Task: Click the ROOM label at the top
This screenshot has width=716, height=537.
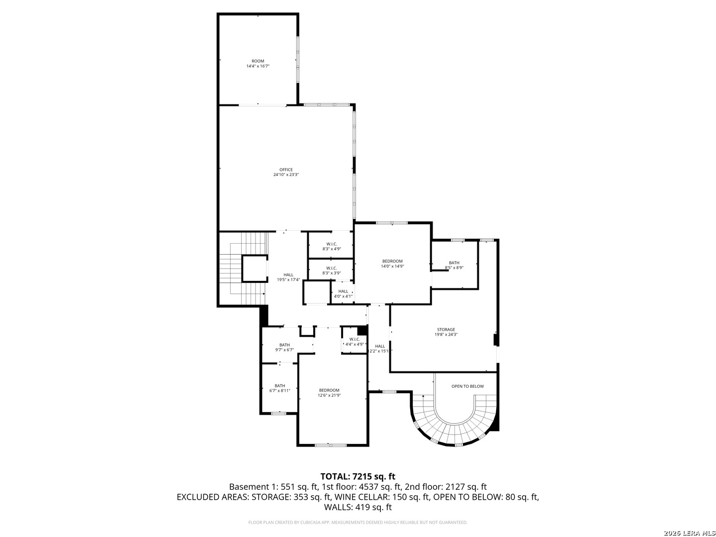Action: [x=258, y=61]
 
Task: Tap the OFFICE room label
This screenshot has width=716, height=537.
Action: [x=286, y=170]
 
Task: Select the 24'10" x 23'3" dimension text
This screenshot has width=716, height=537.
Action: [x=286, y=175]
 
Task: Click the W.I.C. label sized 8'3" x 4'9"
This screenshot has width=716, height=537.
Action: [x=332, y=244]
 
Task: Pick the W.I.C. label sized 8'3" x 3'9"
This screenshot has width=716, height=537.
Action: [x=332, y=268]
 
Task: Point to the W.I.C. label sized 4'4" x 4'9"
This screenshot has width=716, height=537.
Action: [x=355, y=339]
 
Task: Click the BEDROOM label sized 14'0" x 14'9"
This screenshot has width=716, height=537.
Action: [x=392, y=261]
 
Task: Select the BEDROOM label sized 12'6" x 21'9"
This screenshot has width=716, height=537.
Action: [x=329, y=390]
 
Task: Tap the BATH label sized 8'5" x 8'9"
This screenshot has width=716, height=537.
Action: [x=454, y=263]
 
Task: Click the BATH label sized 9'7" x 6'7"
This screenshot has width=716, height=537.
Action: [x=284, y=345]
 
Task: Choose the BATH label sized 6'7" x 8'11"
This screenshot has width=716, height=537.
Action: [x=280, y=386]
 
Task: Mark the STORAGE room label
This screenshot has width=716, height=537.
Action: [x=446, y=330]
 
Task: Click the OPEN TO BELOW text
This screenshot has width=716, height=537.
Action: [x=467, y=386]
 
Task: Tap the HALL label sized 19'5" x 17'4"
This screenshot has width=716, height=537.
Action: [x=288, y=274]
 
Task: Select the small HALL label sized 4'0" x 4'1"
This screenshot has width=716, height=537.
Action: [x=343, y=291]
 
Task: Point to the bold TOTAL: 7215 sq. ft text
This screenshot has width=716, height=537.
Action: [x=358, y=476]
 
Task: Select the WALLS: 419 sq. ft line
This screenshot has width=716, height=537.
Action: [x=358, y=507]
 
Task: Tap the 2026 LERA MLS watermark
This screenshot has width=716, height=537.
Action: [x=688, y=533]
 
